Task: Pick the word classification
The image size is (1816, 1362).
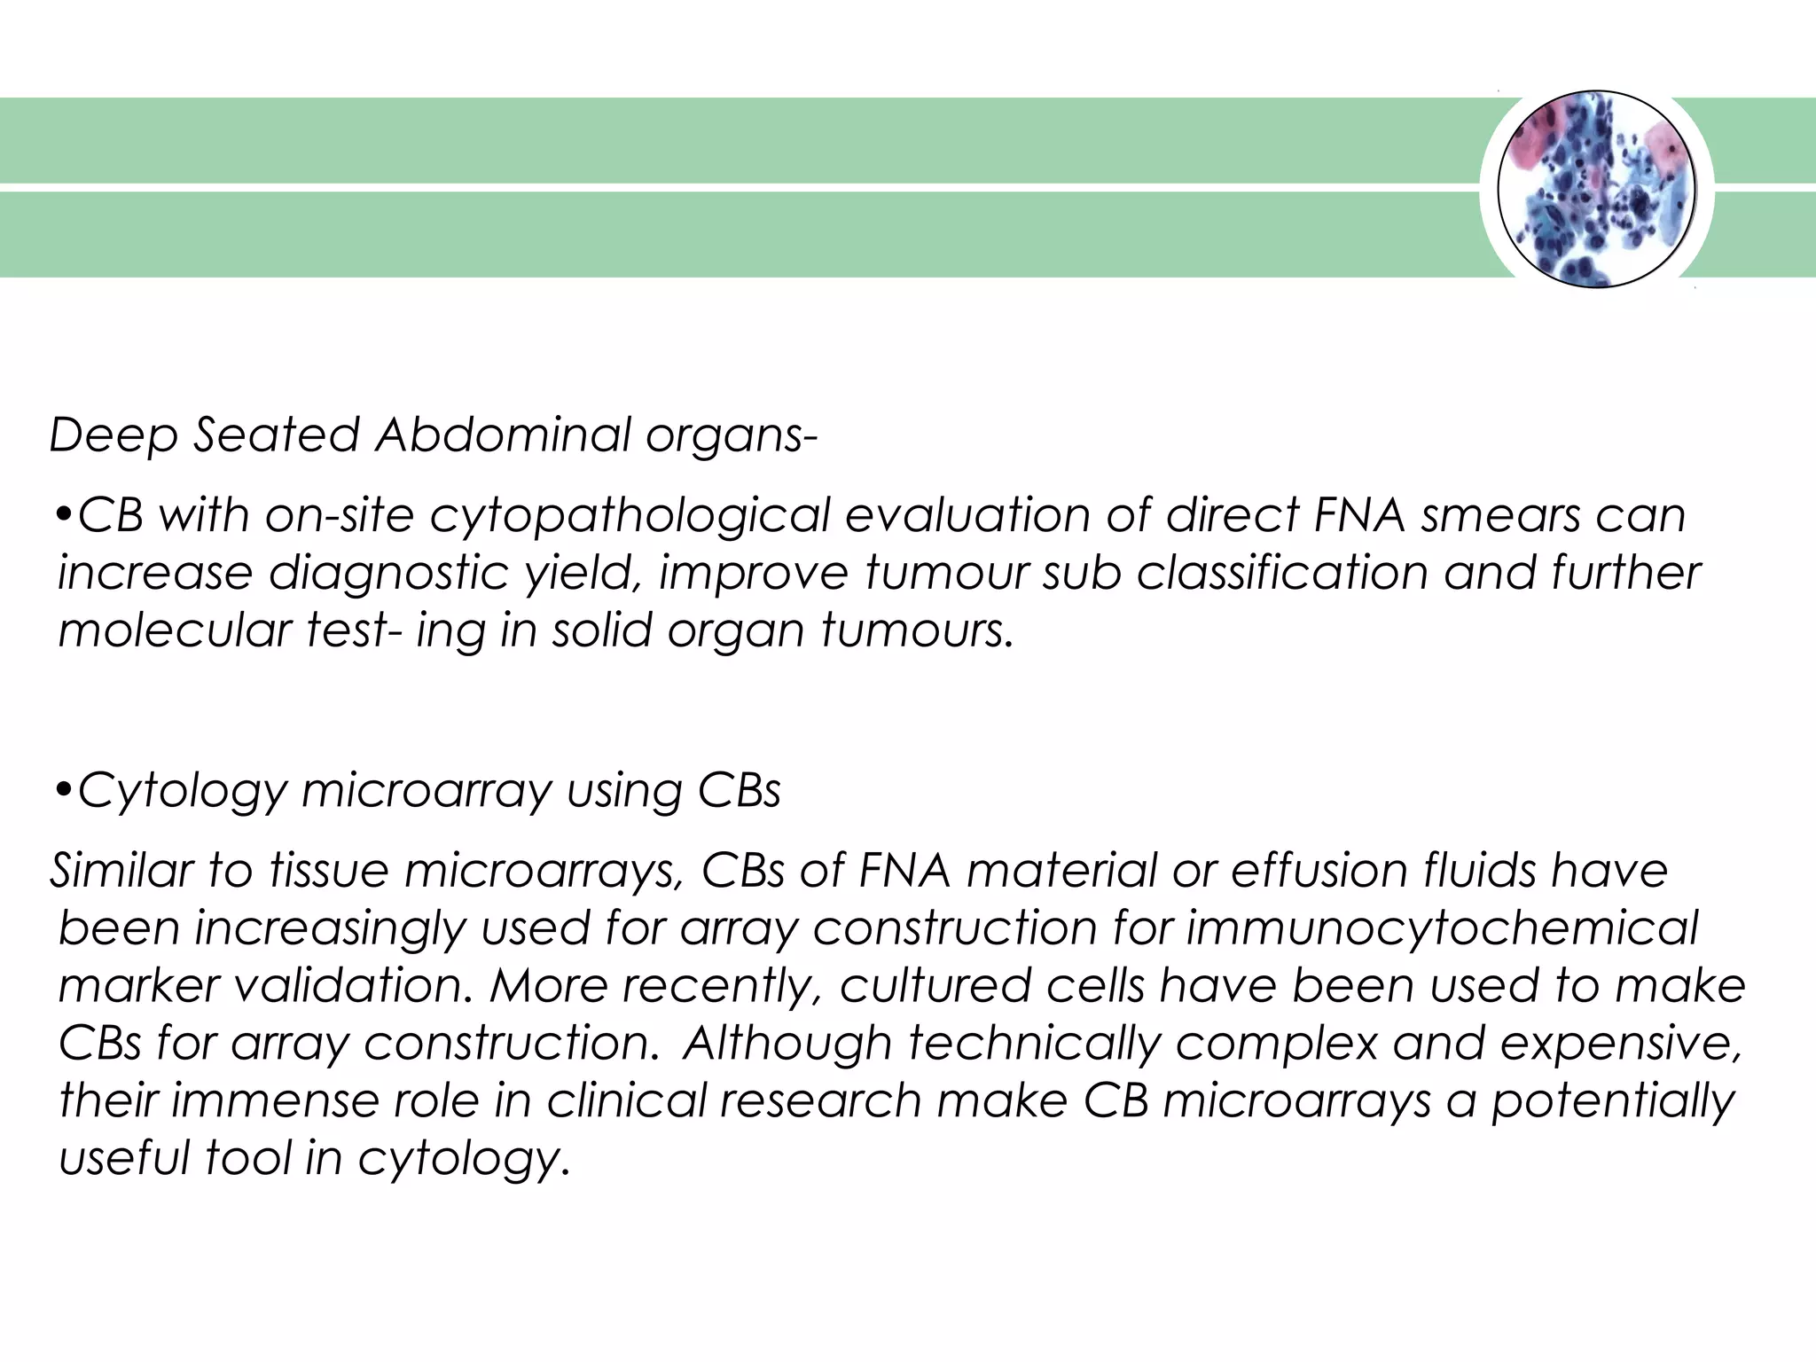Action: point(1281,573)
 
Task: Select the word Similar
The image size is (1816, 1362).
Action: point(121,870)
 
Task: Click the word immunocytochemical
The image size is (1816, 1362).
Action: point(1441,928)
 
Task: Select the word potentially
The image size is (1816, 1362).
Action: point(1612,1102)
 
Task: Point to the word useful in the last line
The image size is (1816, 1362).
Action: point(123,1158)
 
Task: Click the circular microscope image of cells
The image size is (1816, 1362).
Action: point(1596,189)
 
